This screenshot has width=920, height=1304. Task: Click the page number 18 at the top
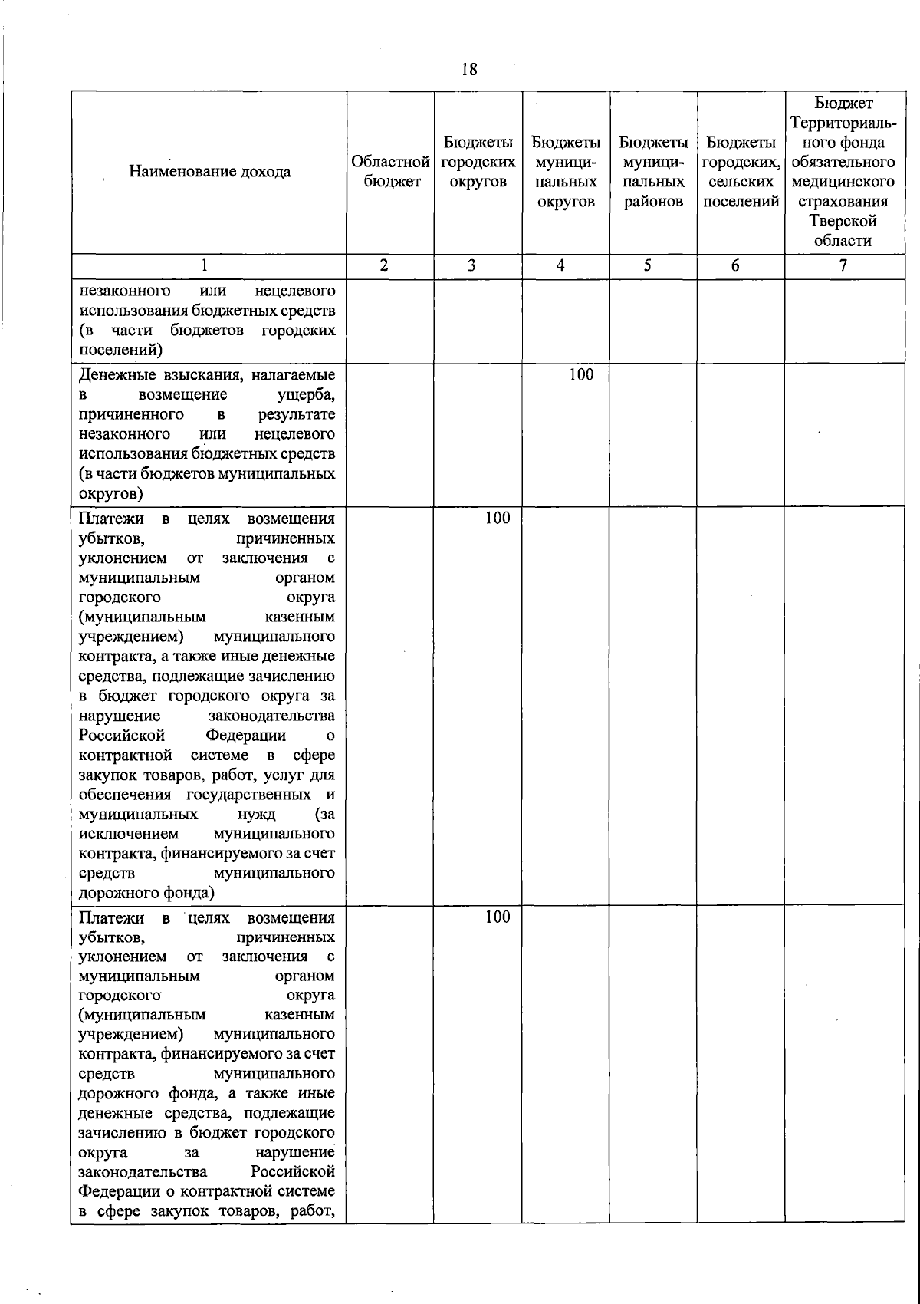click(469, 70)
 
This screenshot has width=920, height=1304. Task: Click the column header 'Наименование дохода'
click(209, 171)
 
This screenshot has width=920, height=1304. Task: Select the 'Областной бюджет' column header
click(390, 171)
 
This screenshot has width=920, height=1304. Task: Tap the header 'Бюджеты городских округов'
click(478, 162)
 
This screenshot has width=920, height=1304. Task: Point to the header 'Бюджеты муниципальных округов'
click(566, 172)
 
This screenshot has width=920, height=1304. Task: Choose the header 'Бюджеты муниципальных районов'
click(653, 172)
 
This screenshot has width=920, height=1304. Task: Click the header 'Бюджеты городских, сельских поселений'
click(741, 172)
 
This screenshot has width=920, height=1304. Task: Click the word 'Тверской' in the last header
click(843, 221)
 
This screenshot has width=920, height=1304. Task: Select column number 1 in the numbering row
click(204, 265)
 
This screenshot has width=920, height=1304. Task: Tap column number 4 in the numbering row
click(561, 265)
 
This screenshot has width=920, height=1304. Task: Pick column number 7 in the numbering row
click(843, 265)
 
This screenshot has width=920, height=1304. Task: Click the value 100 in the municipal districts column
click(581, 374)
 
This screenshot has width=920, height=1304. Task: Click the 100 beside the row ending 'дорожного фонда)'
click(498, 518)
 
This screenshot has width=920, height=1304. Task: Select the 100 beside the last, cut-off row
click(498, 917)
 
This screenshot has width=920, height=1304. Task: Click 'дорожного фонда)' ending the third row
click(146, 893)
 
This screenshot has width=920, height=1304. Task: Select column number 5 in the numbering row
click(648, 265)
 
